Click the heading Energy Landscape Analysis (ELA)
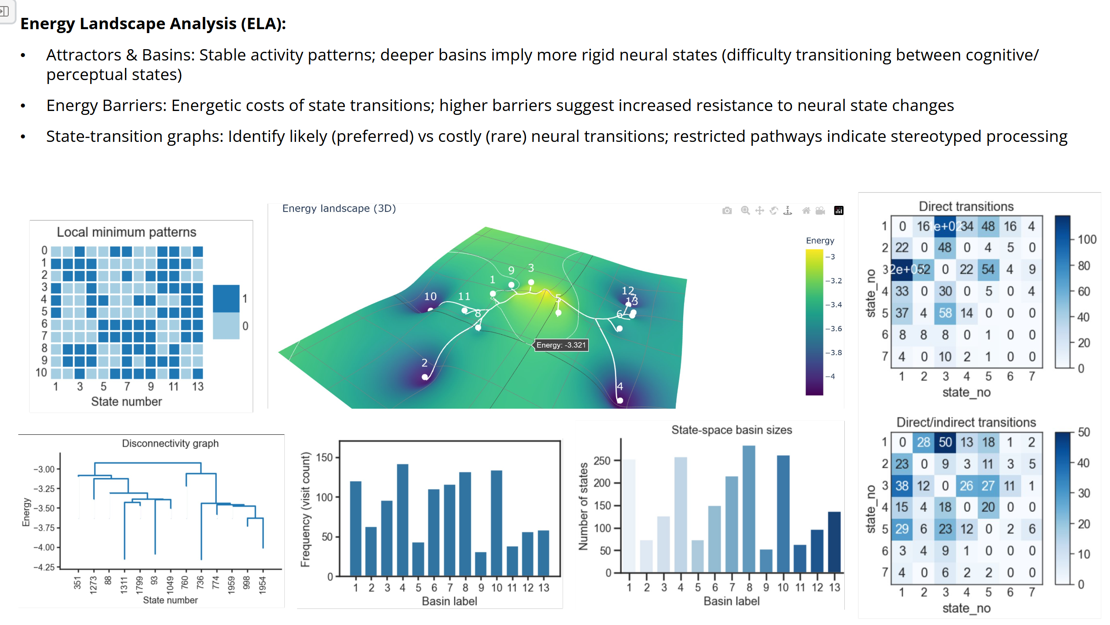click(153, 24)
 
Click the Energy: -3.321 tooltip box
click(561, 345)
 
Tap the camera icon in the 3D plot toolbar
click(727, 211)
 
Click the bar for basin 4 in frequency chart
click(402, 520)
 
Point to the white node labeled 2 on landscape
click(425, 377)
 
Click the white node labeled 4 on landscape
click(620, 400)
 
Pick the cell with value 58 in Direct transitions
click(945, 313)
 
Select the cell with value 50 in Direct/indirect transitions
click(945, 442)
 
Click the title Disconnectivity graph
click(170, 443)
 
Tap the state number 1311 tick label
click(124, 585)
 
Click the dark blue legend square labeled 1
click(226, 299)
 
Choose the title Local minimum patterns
click(126, 232)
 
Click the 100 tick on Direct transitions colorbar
click(1086, 239)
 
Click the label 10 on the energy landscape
click(430, 296)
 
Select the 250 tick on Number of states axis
click(602, 460)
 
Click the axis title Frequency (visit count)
click(305, 509)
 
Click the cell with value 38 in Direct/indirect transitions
click(901, 486)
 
